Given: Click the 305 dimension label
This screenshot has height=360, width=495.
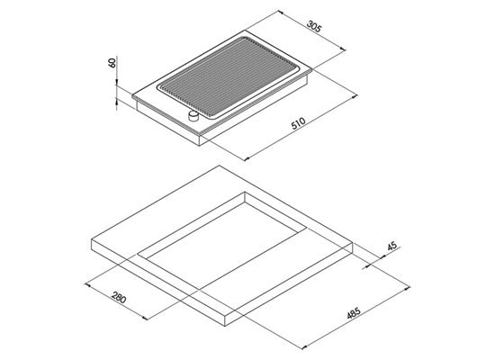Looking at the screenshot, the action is pos(314,26).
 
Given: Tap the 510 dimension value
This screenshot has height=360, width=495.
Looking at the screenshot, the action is pos(298,123).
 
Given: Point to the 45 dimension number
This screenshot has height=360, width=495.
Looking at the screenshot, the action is pos(392,246).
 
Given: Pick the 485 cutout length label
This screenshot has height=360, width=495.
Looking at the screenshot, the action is pos(354,313).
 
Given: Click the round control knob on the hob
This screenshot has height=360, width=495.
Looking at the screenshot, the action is pos(193,116).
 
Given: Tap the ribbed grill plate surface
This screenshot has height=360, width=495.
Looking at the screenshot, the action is pos(228,77).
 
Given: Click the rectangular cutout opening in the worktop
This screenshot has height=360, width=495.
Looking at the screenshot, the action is pos(221,241).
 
